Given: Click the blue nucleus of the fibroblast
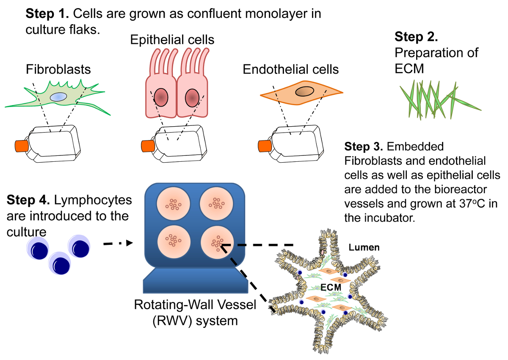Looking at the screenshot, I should tap(58, 97).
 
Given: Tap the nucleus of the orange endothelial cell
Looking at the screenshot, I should tap(304, 90).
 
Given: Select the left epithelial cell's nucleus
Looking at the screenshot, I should tap(161, 97).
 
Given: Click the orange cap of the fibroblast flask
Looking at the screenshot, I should tap(21, 146).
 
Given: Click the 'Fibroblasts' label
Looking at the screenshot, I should tap(58, 69).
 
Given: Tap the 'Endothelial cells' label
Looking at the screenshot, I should tap(291, 69).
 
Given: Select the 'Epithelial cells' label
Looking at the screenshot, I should tap(172, 40).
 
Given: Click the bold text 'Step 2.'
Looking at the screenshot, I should tap(416, 37).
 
